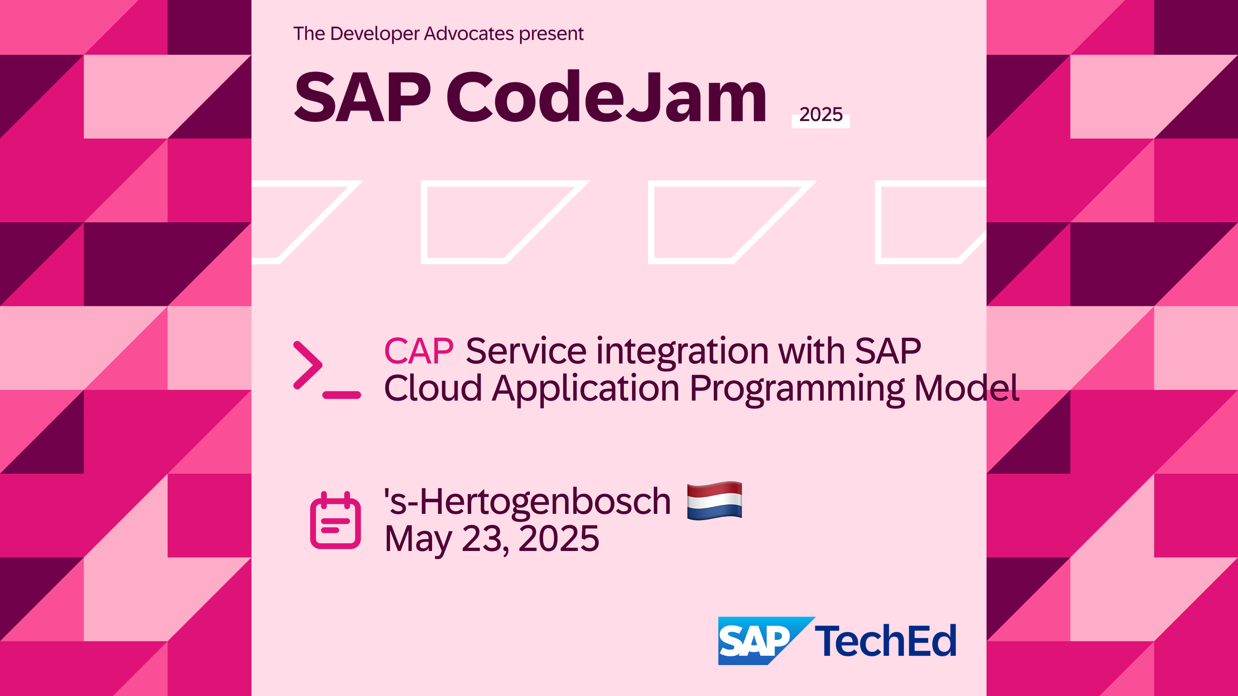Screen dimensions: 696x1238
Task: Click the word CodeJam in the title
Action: click(607, 97)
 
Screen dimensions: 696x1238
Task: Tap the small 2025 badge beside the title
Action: click(820, 115)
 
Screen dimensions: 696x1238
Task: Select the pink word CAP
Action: click(419, 351)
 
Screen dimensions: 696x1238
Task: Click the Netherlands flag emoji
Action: click(715, 500)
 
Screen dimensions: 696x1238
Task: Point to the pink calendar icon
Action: click(335, 520)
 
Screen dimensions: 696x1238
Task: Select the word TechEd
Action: click(886, 641)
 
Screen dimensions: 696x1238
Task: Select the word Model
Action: click(966, 388)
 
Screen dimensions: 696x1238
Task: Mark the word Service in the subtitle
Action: click(526, 351)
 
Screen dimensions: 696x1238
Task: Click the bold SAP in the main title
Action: click(363, 97)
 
